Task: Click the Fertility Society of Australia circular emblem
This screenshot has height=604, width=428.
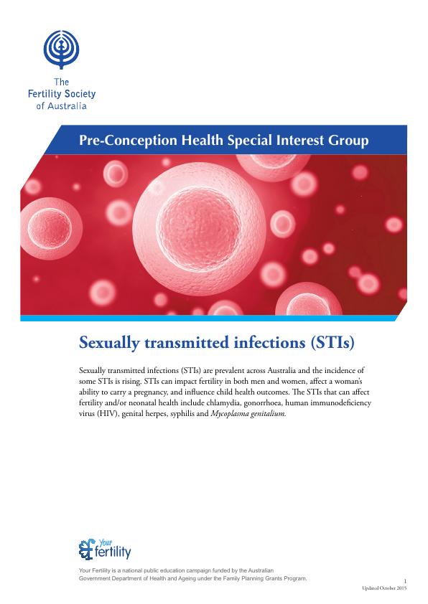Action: (x=61, y=49)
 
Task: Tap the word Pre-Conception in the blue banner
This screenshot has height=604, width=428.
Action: (x=129, y=140)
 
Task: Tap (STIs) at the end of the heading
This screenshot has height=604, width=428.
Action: (x=332, y=342)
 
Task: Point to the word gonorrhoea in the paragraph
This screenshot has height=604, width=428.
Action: (x=262, y=403)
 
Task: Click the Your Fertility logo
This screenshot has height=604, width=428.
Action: (x=105, y=549)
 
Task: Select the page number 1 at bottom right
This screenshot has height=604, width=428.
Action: (x=405, y=581)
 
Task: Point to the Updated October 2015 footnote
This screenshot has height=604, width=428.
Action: (x=384, y=588)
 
